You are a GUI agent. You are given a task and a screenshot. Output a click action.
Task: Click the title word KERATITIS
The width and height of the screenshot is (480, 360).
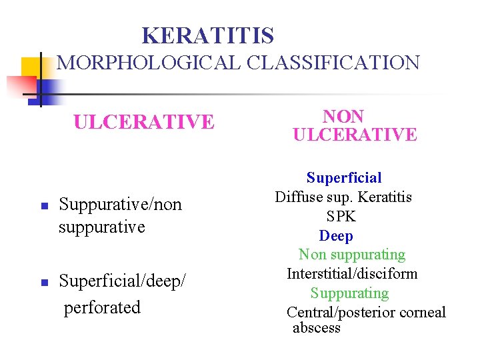tap(208, 35)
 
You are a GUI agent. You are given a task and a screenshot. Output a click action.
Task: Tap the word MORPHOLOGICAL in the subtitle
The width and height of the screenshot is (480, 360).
tap(150, 63)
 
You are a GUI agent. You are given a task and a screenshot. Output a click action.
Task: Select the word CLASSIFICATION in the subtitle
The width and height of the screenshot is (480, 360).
tap(333, 63)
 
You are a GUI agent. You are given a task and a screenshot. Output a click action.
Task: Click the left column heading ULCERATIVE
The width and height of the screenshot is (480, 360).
tap(144, 122)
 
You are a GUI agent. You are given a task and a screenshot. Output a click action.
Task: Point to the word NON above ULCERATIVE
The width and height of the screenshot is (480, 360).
tap(343, 116)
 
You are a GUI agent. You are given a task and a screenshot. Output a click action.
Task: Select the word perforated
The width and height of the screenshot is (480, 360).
tap(102, 307)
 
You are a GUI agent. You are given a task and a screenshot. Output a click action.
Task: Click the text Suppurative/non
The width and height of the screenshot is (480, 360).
tap(121, 204)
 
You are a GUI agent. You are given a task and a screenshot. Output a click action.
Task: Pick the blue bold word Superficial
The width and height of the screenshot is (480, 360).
tap(344, 177)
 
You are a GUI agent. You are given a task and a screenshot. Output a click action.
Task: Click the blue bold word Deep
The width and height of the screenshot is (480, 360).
tap(336, 235)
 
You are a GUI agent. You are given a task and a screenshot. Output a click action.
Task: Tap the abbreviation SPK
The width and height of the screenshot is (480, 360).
tap(341, 216)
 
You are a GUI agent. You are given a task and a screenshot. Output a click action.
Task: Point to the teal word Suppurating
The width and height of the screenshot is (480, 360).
tap(349, 293)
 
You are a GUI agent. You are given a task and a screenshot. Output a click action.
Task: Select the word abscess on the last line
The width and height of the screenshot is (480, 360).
tap(317, 327)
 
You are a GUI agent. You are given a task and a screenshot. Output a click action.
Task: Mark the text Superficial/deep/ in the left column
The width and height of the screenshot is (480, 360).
tap(122, 281)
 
